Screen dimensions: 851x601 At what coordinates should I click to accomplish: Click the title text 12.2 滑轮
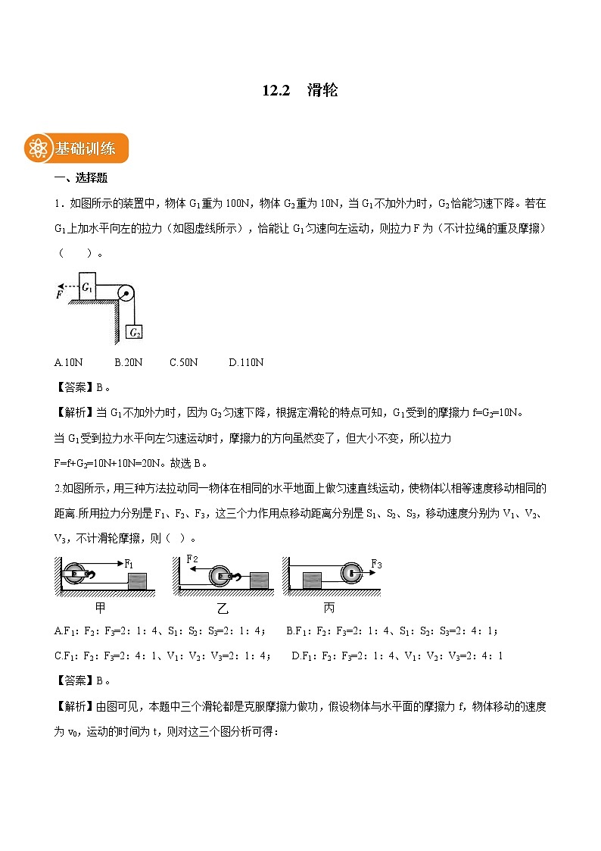coord(300,90)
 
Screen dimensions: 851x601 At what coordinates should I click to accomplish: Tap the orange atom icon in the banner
coord(37,149)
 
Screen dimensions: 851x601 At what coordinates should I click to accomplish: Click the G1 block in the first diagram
coord(88,287)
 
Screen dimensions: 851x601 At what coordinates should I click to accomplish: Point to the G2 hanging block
coord(135,332)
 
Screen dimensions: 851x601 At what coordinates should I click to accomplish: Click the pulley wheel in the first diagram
coord(126,293)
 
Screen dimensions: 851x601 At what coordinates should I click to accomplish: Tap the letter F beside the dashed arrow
coord(58,294)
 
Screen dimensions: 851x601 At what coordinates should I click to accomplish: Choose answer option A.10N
coord(69,362)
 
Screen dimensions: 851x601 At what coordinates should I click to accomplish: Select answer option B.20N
coord(128,362)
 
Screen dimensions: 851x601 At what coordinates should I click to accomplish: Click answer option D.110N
coord(246,362)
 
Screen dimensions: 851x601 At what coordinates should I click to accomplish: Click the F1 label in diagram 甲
coord(129,564)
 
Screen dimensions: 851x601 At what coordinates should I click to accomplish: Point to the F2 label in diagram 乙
coord(192,559)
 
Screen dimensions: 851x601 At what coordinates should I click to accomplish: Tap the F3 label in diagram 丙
coord(376,564)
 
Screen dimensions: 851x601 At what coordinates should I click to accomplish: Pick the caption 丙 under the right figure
coord(329,608)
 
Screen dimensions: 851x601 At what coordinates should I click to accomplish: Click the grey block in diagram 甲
coord(137,581)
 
